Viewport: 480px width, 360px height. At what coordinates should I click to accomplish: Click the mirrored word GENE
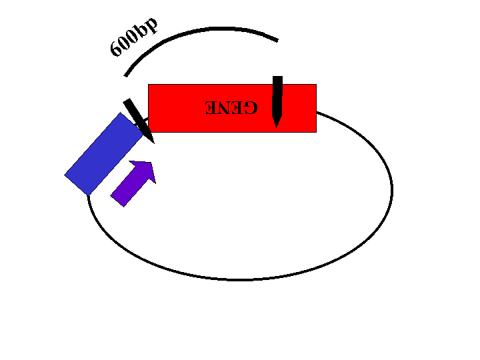coord(231,107)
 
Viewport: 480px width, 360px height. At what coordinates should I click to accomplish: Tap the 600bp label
coord(134,37)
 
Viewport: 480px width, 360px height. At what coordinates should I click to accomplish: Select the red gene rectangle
coord(232,109)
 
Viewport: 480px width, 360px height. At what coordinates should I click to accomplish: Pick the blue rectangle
coord(104,154)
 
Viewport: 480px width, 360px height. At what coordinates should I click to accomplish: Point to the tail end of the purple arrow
coord(117,201)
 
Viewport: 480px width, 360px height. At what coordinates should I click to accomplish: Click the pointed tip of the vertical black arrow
coord(277,127)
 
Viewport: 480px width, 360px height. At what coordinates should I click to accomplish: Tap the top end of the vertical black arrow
coord(277,77)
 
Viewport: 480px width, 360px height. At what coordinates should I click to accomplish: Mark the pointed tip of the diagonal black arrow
coord(154,143)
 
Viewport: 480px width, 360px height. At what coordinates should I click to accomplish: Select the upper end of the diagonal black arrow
coord(127,101)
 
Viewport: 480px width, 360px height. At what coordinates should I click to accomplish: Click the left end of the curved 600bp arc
coord(125,75)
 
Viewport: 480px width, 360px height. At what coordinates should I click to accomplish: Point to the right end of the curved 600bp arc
coord(277,41)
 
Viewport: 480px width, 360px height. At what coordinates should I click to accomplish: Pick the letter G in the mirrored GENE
coord(251,107)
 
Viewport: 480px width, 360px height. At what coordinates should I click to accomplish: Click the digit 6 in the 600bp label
coord(116,49)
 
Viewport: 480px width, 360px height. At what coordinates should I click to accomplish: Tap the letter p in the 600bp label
coord(150,25)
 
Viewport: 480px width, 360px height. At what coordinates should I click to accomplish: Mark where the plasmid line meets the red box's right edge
coord(317,113)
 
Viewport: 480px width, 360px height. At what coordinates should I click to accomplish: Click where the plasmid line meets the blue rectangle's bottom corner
coord(88,195)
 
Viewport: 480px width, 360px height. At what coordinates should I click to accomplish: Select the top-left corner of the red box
coord(148,84)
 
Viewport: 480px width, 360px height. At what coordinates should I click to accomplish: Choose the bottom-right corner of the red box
coord(317,133)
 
